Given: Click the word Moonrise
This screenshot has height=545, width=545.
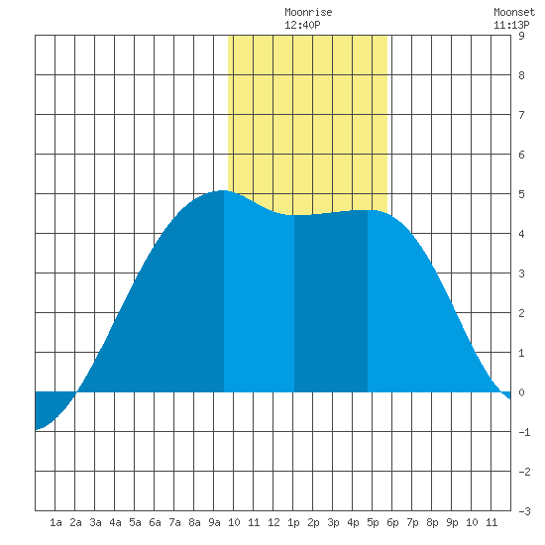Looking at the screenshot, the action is click(308, 12).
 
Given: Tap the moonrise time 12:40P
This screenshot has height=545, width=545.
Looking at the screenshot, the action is click(302, 25).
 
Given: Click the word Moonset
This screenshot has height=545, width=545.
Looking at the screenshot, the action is click(514, 12).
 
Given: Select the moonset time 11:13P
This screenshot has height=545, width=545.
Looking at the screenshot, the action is click(511, 25).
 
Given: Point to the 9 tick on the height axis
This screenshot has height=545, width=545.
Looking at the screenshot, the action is click(521, 36).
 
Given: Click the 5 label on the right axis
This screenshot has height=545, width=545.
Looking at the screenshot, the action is click(521, 194).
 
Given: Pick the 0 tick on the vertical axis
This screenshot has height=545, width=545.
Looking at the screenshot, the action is click(521, 392).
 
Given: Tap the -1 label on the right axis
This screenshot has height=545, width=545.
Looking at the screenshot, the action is click(524, 432).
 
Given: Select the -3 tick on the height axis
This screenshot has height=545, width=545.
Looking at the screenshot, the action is click(524, 511).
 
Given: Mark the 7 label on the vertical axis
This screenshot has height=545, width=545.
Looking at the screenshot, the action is click(521, 115).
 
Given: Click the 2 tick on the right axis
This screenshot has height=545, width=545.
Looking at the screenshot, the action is click(521, 313).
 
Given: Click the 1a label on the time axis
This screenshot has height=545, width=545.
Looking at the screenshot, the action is click(55, 522).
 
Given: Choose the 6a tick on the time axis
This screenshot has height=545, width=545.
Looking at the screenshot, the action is click(155, 522).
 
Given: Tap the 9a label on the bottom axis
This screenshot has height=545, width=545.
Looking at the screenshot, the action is click(214, 522).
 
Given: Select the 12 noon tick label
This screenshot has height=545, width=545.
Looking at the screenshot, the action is click(273, 522).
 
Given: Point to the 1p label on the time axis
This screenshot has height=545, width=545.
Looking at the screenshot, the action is click(293, 522).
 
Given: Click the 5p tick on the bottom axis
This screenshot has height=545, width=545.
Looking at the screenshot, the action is click(373, 522).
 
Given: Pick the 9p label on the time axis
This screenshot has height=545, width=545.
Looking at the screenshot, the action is click(452, 522).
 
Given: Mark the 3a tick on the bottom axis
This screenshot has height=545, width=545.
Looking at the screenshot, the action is click(95, 522).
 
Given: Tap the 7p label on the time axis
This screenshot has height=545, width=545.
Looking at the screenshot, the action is click(412, 522).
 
